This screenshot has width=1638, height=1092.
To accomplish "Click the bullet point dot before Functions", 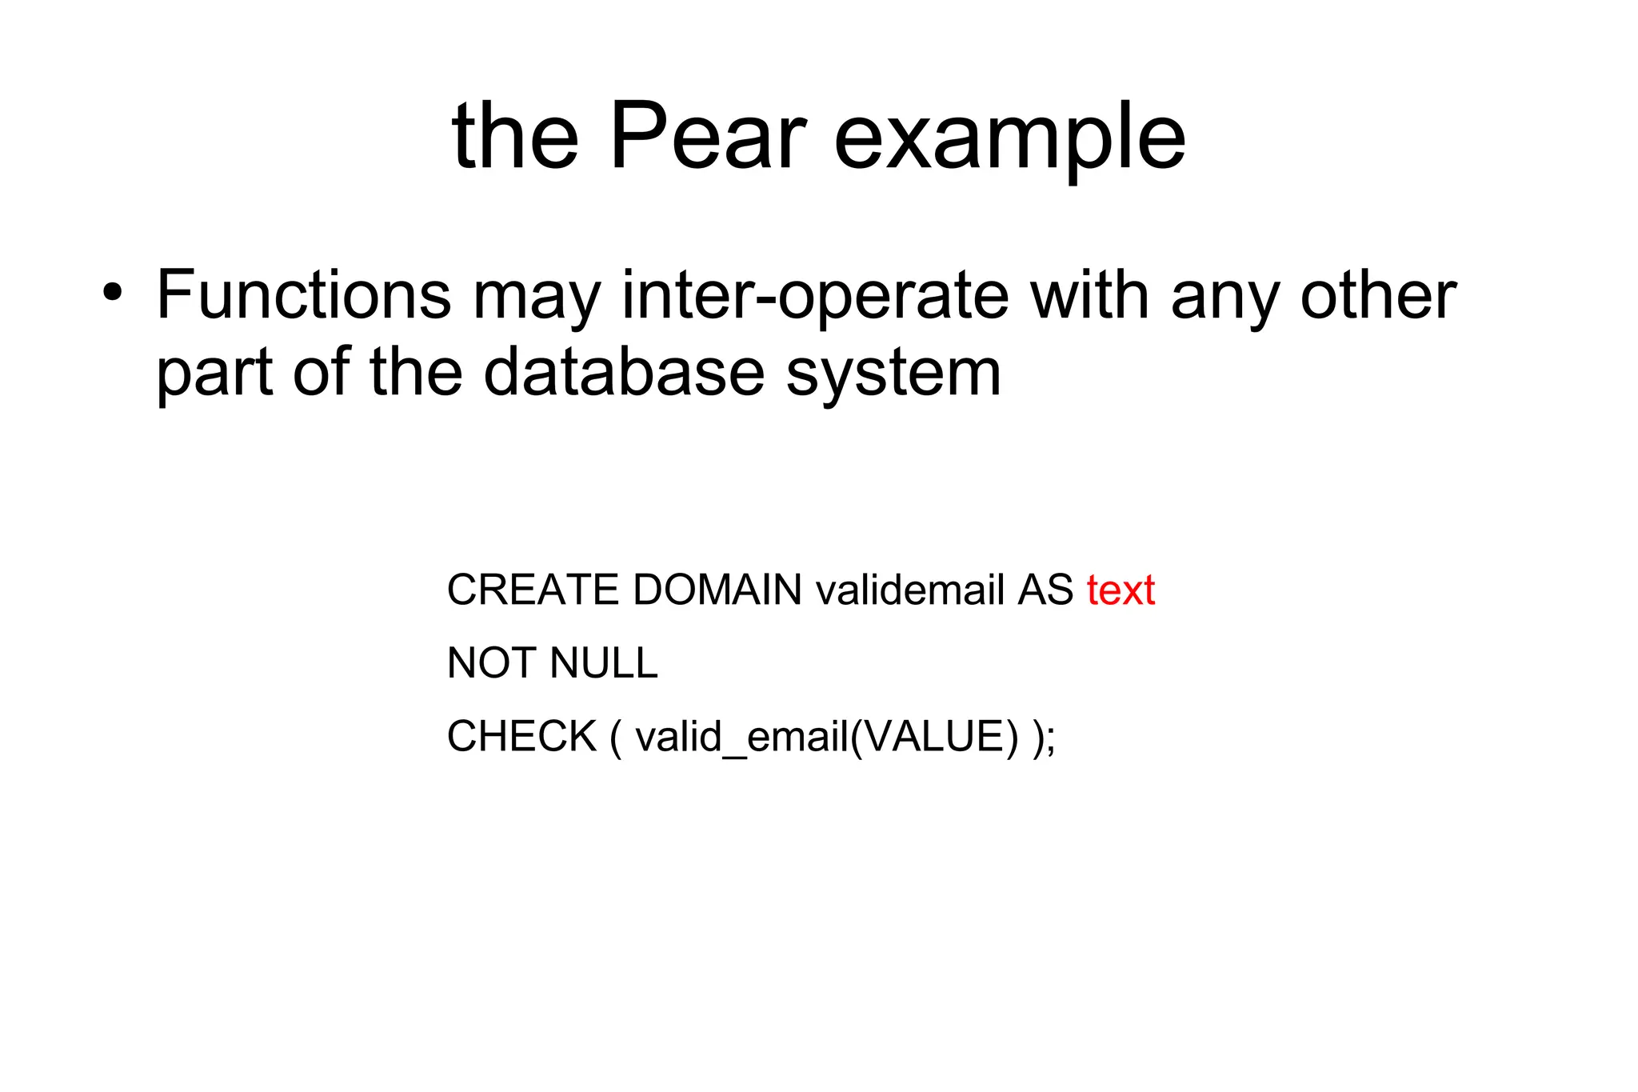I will click(x=113, y=292).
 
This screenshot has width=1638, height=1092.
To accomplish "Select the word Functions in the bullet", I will click(x=303, y=295).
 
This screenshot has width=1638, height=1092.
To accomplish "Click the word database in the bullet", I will click(x=624, y=372).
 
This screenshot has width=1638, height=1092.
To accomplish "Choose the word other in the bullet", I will click(x=1377, y=295).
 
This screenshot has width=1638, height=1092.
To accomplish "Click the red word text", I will click(x=1121, y=590).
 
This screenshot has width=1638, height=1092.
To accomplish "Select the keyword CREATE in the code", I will click(x=533, y=590).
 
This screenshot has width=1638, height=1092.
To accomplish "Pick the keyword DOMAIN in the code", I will click(x=717, y=590).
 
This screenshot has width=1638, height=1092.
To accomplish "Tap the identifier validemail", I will click(x=909, y=590).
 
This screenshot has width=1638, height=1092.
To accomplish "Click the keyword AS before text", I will click(x=1045, y=590).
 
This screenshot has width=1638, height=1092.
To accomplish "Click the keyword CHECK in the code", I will click(x=521, y=736).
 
